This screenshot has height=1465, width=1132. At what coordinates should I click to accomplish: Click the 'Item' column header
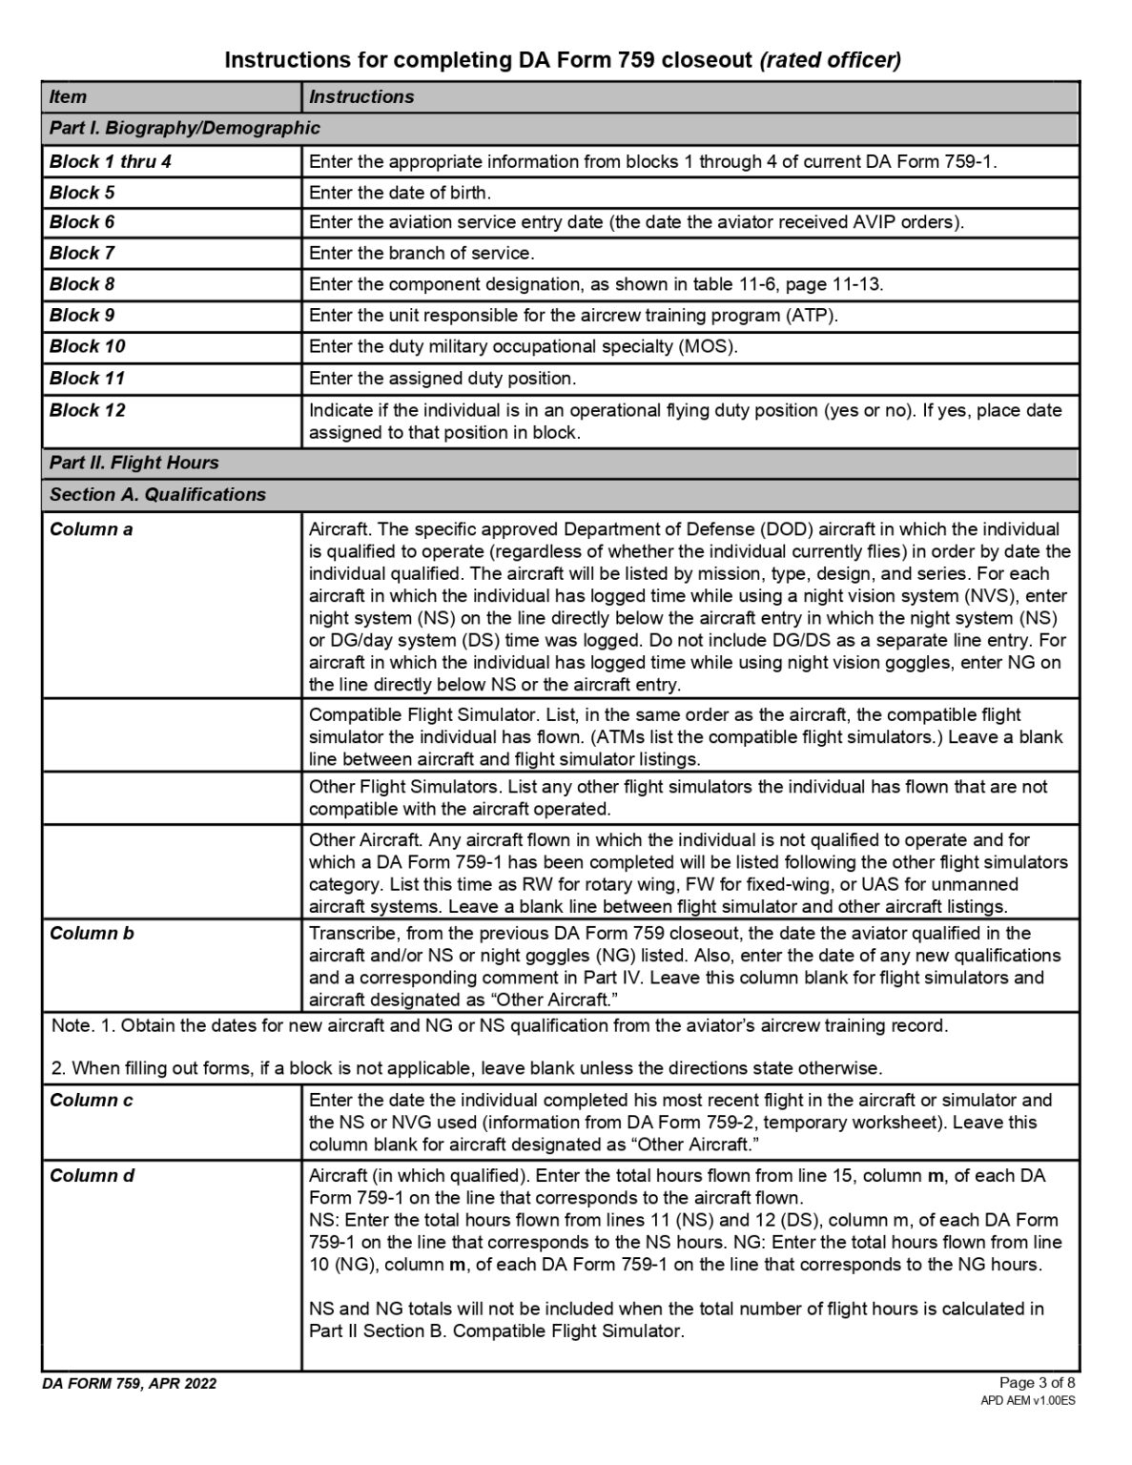coord(68,96)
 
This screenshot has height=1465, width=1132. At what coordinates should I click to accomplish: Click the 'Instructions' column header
coord(361,96)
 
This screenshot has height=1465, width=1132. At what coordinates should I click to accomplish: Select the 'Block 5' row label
coord(82,193)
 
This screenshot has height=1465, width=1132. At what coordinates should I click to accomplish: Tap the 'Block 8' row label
coord(82,284)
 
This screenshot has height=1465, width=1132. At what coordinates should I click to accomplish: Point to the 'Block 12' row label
coord(87,410)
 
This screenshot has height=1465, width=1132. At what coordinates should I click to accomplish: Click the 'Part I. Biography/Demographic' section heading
coord(185,128)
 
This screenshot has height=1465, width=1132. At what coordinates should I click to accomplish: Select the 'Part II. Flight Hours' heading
coord(134,463)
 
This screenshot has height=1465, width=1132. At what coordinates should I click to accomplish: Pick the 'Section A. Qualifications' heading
coord(157,494)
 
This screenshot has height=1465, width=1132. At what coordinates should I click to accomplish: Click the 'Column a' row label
coord(91,529)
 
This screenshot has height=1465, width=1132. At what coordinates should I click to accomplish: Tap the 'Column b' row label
coord(92,933)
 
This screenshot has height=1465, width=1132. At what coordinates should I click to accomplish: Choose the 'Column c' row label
coord(91,1100)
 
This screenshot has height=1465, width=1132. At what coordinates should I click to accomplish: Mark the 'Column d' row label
coord(92,1175)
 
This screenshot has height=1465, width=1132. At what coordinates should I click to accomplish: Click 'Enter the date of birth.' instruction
coord(401,193)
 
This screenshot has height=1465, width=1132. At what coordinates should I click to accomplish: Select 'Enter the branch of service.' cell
coord(422,253)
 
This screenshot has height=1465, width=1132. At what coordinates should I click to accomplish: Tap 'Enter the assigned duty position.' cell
coord(443,379)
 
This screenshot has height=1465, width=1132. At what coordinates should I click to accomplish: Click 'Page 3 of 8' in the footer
coord(1037,1382)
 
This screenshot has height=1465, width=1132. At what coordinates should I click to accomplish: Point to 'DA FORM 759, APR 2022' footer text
coord(130,1383)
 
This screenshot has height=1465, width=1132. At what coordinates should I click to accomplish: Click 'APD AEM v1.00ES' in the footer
coord(1028,1400)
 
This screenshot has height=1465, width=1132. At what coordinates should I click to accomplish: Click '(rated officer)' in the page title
coord(830,60)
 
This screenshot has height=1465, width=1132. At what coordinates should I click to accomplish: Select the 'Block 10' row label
coord(87,346)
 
